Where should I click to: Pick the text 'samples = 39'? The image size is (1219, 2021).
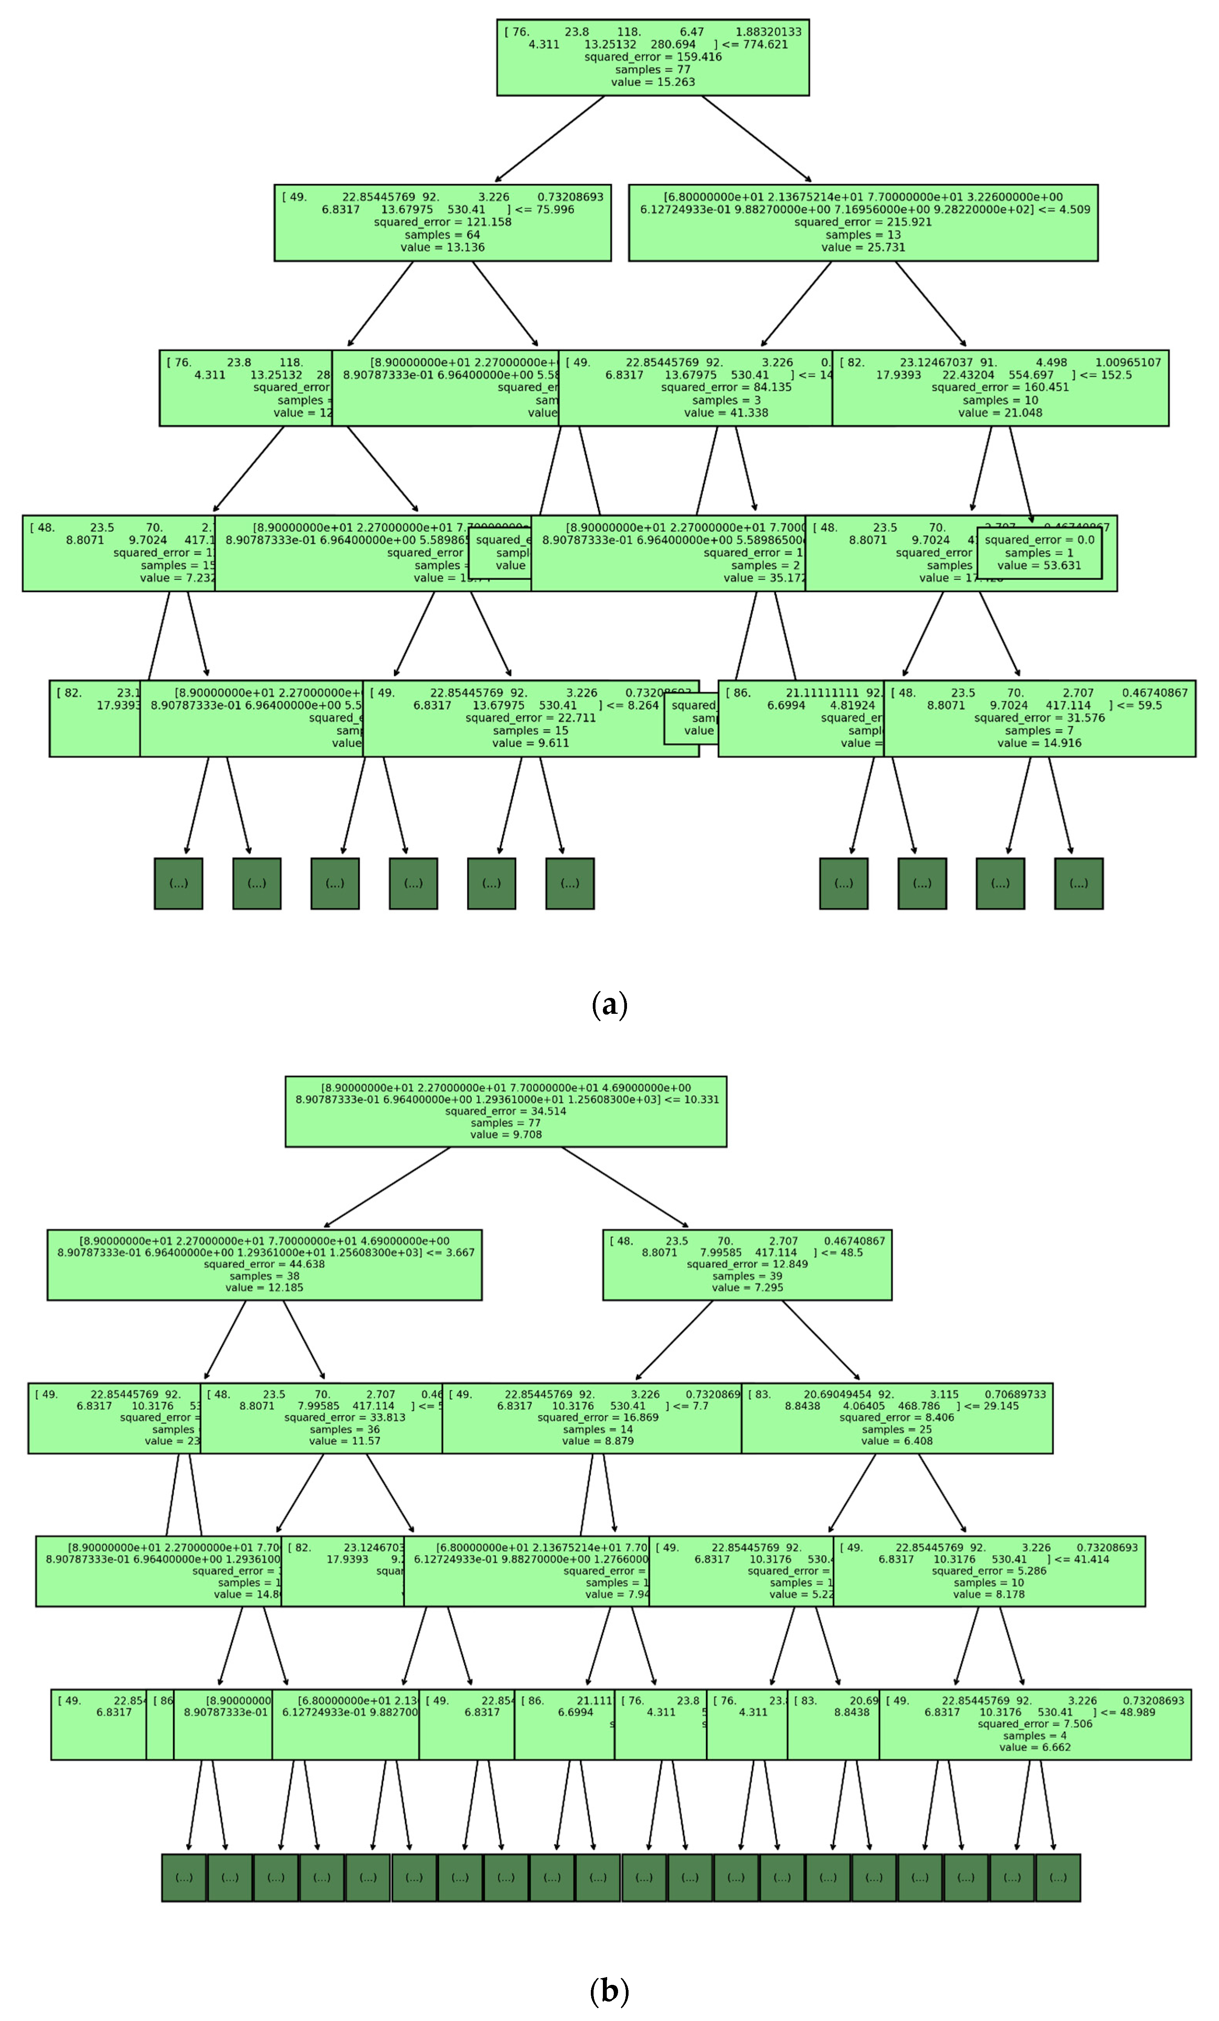pos(746,1276)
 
